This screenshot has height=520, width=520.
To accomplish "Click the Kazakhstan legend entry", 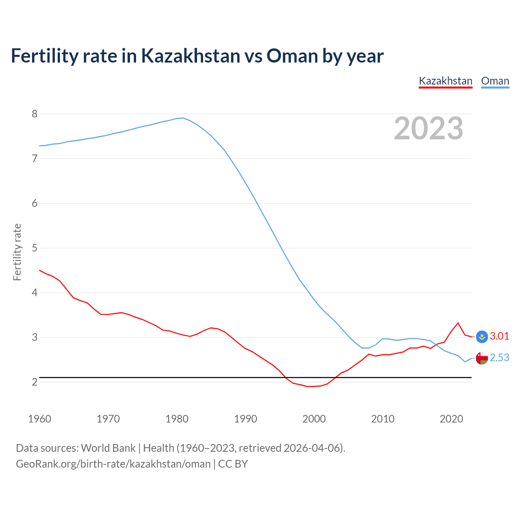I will [445, 81].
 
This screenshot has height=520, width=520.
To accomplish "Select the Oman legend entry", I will [495, 81].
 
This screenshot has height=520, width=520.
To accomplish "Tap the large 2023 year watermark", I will [428, 128].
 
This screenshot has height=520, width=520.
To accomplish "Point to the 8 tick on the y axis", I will [35, 114].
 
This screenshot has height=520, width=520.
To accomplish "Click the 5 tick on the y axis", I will [35, 248].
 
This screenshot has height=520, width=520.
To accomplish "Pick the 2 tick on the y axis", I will [35, 382].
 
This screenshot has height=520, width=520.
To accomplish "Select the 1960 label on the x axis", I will [39, 419].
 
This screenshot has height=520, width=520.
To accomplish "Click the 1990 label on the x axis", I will [245, 419].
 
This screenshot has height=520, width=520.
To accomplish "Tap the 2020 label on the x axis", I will [451, 419].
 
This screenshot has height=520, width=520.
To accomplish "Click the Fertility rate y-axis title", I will [17, 252].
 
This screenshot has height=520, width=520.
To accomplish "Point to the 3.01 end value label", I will [499, 336].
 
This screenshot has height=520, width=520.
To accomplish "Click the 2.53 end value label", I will [499, 357].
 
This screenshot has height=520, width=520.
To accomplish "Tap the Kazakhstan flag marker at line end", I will [482, 336].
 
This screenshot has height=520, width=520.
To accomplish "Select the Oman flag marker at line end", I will [482, 358].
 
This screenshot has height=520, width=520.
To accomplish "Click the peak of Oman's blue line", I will [183, 118].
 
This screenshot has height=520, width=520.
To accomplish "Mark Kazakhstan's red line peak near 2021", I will [458, 323].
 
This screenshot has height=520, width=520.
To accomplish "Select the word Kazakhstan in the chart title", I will [191, 56].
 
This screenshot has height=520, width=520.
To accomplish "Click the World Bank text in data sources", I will [108, 448].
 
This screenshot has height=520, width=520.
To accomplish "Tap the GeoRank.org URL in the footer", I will [113, 464].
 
